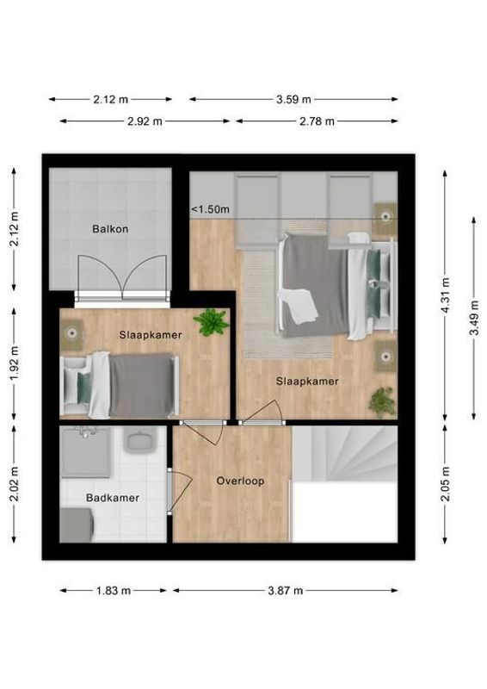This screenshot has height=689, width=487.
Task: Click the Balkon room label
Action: pyautogui.click(x=110, y=229)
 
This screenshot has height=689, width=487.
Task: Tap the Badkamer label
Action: pyautogui.click(x=112, y=498)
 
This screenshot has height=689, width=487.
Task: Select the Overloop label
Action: pyautogui.click(x=240, y=481)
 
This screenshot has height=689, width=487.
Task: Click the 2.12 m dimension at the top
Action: pyautogui.click(x=110, y=99)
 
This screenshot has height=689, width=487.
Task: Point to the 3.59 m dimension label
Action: pyautogui.click(x=293, y=99)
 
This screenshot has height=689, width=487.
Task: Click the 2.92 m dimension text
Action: pyautogui.click(x=145, y=121)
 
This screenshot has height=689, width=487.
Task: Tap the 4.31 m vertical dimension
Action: pyautogui.click(x=445, y=294)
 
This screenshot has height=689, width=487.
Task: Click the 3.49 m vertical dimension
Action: pyautogui.click(x=474, y=318)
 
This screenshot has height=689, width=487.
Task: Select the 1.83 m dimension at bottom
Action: pyautogui.click(x=114, y=591)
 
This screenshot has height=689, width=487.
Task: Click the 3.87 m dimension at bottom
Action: pyautogui.click(x=286, y=591)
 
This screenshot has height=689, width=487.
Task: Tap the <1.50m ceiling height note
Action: pyautogui.click(x=210, y=209)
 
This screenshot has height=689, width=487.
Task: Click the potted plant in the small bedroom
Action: pyautogui.click(x=211, y=323)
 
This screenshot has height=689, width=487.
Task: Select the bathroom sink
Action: pyautogui.click(x=139, y=443)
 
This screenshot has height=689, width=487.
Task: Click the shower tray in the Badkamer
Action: pyautogui.click(x=86, y=453)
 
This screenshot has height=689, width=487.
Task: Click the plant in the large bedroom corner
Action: pyautogui.click(x=381, y=400)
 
